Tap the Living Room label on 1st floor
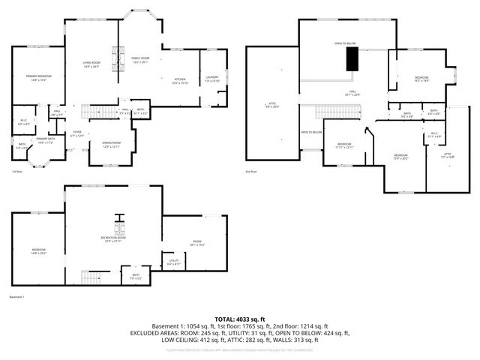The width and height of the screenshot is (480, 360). point(91,65)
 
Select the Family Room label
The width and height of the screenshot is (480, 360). point(140,59)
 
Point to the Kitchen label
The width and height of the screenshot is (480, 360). point(180,79)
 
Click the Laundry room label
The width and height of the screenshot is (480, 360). point(213,78)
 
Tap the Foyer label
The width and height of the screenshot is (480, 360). point(76,133)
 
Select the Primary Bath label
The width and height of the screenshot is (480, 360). point(46,139)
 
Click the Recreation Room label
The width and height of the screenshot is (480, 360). point(112,240)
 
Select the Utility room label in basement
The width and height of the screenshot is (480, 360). point(173,263)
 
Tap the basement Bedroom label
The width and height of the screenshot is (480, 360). point(38,250)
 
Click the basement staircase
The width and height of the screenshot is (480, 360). point(95,277)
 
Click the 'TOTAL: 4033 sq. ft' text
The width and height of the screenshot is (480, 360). point(240,319)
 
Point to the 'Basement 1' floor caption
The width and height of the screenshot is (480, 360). point(16,297)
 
